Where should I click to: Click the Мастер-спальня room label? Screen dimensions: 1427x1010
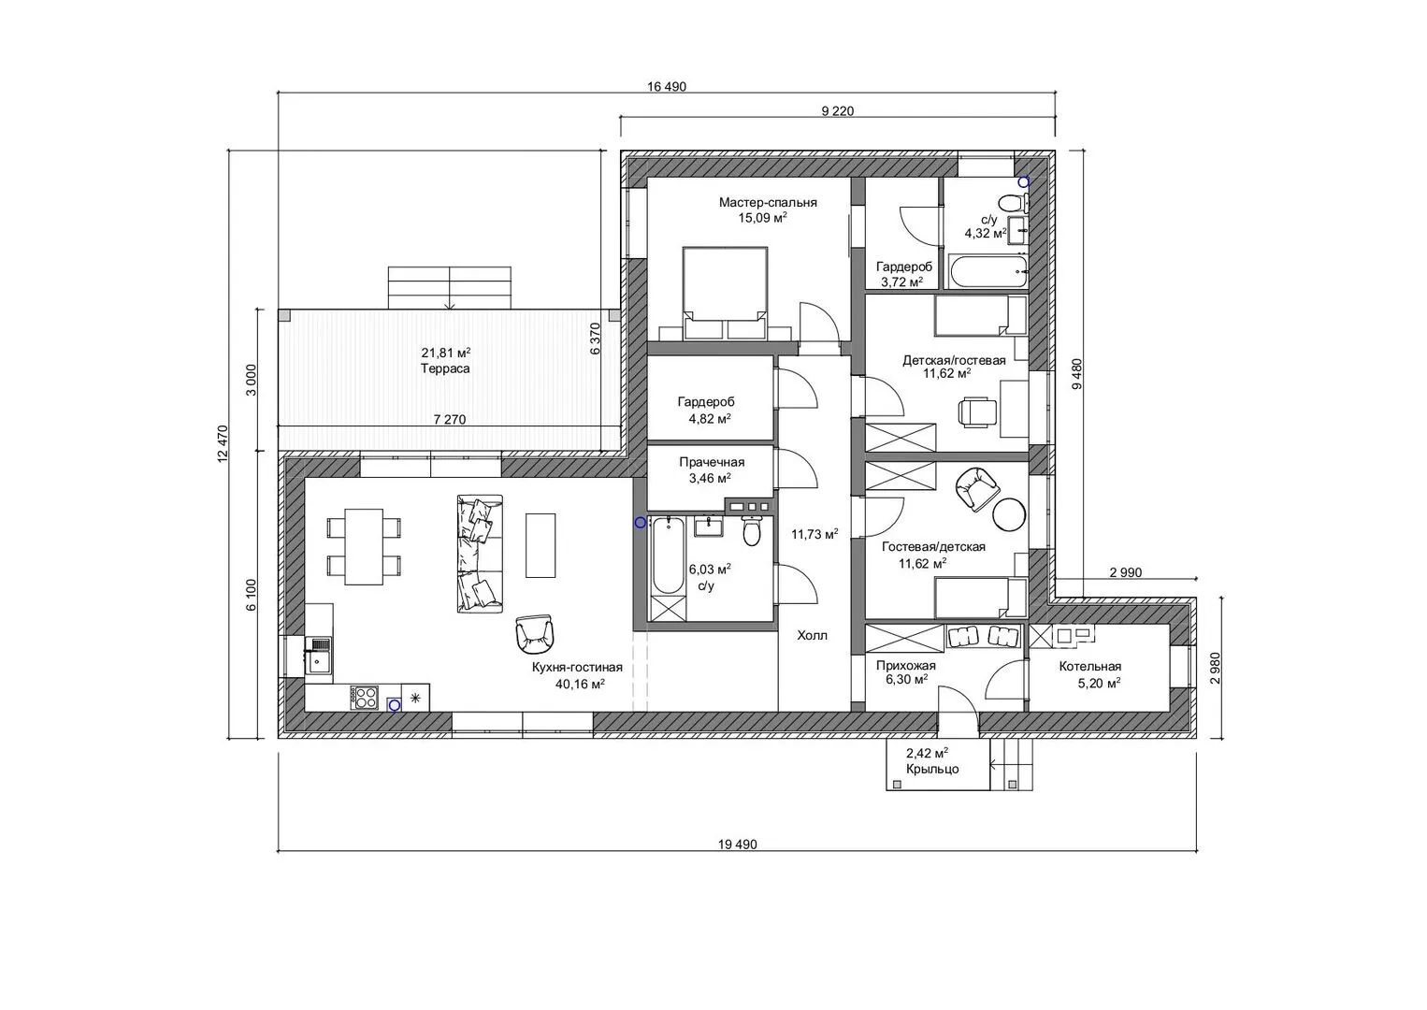click(768, 203)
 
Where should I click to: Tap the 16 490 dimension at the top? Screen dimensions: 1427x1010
click(667, 87)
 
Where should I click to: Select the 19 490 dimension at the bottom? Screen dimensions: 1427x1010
click(738, 844)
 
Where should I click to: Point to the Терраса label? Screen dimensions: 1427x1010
click(445, 368)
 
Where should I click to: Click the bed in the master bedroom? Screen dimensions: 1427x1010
click(725, 293)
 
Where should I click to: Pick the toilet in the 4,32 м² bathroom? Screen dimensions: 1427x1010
click(1013, 204)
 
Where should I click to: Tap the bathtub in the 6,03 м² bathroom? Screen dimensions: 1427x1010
click(668, 555)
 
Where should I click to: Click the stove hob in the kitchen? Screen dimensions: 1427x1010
click(365, 697)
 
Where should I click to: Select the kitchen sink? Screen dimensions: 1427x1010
click(319, 656)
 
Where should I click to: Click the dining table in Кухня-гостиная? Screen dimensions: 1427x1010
click(364, 546)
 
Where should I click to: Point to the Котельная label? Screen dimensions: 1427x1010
click(1090, 667)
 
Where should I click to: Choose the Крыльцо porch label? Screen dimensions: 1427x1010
click(932, 769)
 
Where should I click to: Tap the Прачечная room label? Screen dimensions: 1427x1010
click(712, 462)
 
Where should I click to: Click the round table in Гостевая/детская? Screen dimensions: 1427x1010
click(1009, 513)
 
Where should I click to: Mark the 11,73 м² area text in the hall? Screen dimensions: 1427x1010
click(814, 534)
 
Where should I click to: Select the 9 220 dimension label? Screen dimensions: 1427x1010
click(838, 111)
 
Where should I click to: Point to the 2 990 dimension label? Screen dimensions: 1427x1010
click(1126, 572)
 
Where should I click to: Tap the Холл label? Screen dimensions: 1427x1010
click(813, 635)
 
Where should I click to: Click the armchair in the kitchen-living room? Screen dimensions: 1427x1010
click(535, 634)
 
